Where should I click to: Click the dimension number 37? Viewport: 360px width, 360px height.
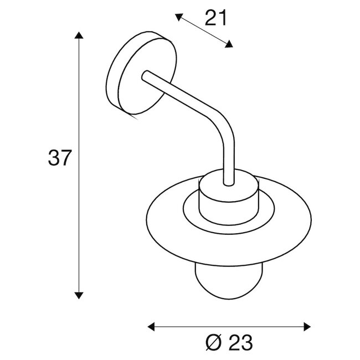point(59,159)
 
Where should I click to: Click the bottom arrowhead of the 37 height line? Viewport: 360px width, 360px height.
point(79,295)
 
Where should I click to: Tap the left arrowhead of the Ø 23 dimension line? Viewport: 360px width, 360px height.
point(150,326)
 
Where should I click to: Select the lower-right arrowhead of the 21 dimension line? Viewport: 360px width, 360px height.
point(230,45)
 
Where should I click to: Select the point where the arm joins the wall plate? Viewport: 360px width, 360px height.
point(146,75)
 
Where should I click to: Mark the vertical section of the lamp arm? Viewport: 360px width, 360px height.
point(227,158)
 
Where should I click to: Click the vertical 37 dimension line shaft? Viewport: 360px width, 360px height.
point(79,222)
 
